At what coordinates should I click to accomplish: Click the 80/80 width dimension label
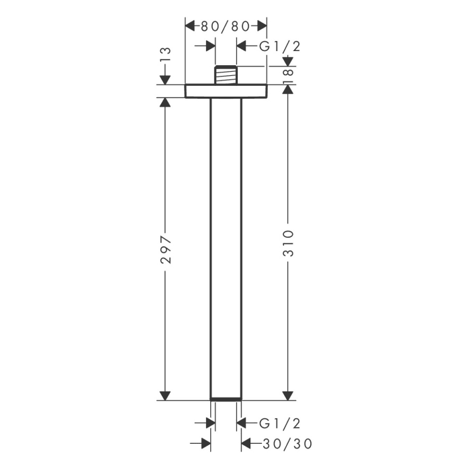[226, 26]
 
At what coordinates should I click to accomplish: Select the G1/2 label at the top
[279, 46]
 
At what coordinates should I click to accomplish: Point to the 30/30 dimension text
[287, 444]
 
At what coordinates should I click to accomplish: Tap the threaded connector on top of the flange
[226, 75]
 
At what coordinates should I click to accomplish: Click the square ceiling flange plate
[226, 91]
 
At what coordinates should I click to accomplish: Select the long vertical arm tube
[226, 248]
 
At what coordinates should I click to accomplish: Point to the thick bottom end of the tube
[226, 400]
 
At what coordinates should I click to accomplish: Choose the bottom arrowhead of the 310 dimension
[287, 393]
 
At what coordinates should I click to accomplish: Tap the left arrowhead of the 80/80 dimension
[191, 26]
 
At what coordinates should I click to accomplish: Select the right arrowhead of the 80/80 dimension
[261, 26]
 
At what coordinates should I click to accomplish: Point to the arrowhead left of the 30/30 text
[246, 444]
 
